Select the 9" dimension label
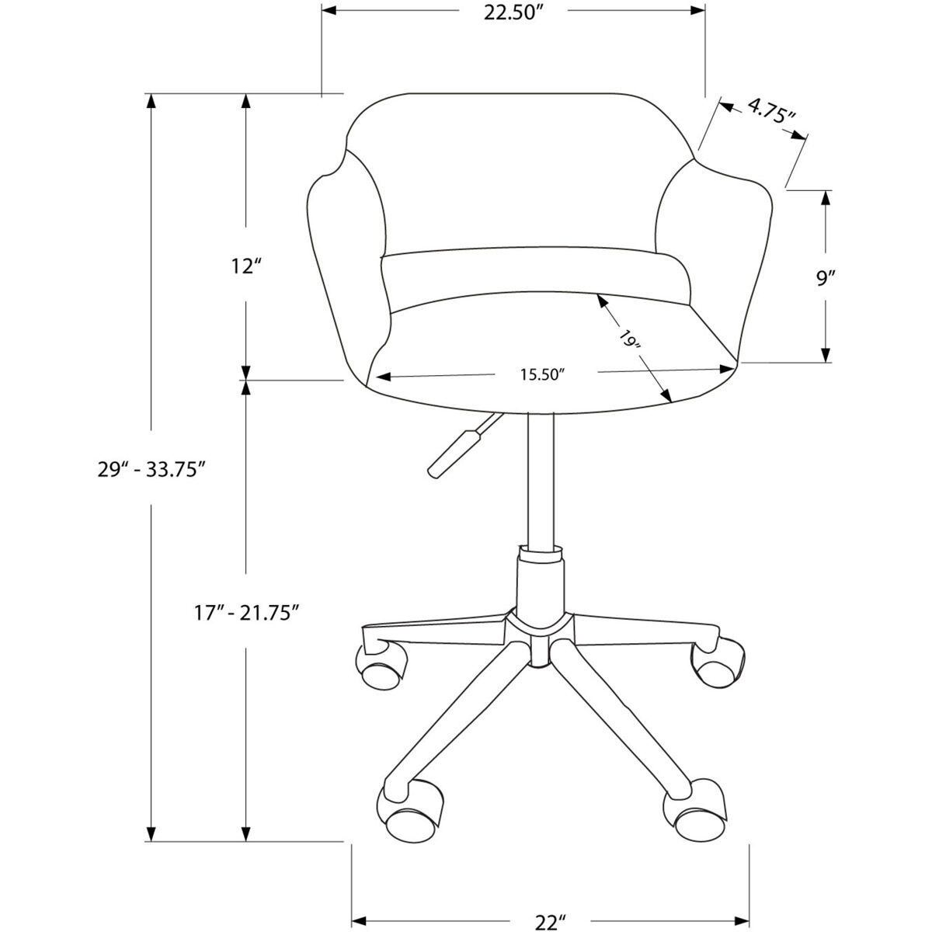pyautogui.click(x=825, y=277)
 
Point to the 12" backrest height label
pyautogui.click(x=244, y=266)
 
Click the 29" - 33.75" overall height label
pyautogui.click(x=151, y=469)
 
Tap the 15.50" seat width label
pyautogui.click(x=541, y=375)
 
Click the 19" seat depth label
pyautogui.click(x=629, y=339)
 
